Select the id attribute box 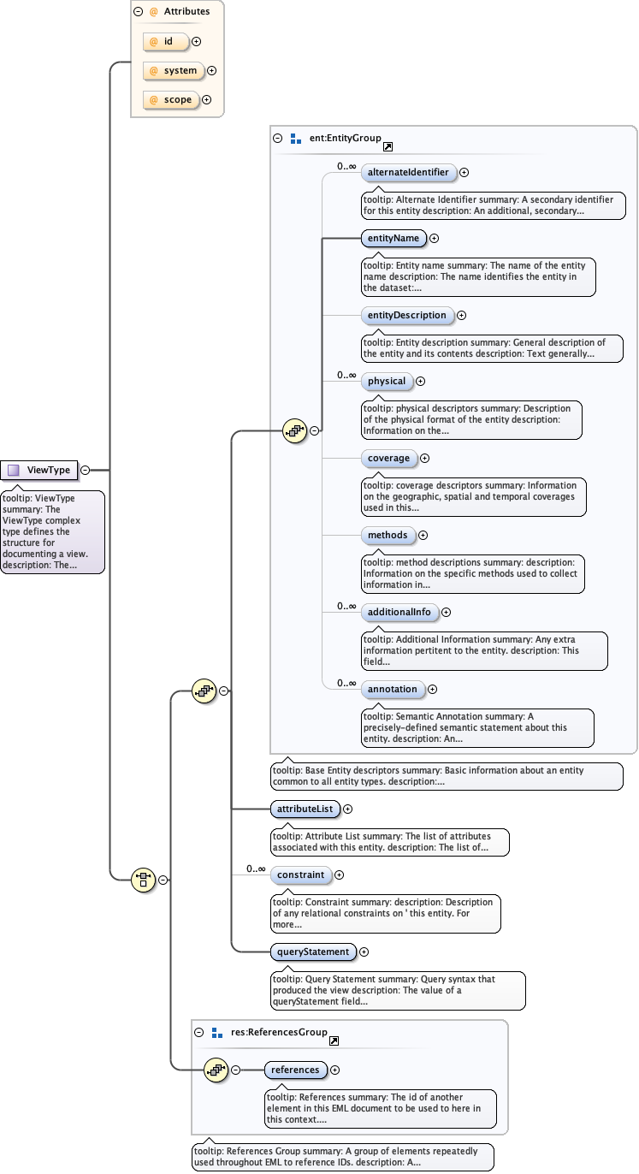(x=167, y=41)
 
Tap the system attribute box (x=175, y=71)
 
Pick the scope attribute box (x=171, y=100)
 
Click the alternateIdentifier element (x=408, y=172)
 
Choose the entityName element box (x=393, y=238)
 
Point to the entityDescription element (x=406, y=315)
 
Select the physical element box (x=387, y=381)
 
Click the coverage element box (x=388, y=458)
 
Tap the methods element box (x=388, y=535)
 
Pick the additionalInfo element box (x=399, y=612)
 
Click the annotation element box (x=392, y=689)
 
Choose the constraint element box (x=300, y=875)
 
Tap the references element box (x=295, y=1070)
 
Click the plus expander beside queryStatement (x=364, y=952)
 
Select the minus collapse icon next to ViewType (x=86, y=470)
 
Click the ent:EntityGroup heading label (x=346, y=138)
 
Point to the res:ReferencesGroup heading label (x=279, y=1032)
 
